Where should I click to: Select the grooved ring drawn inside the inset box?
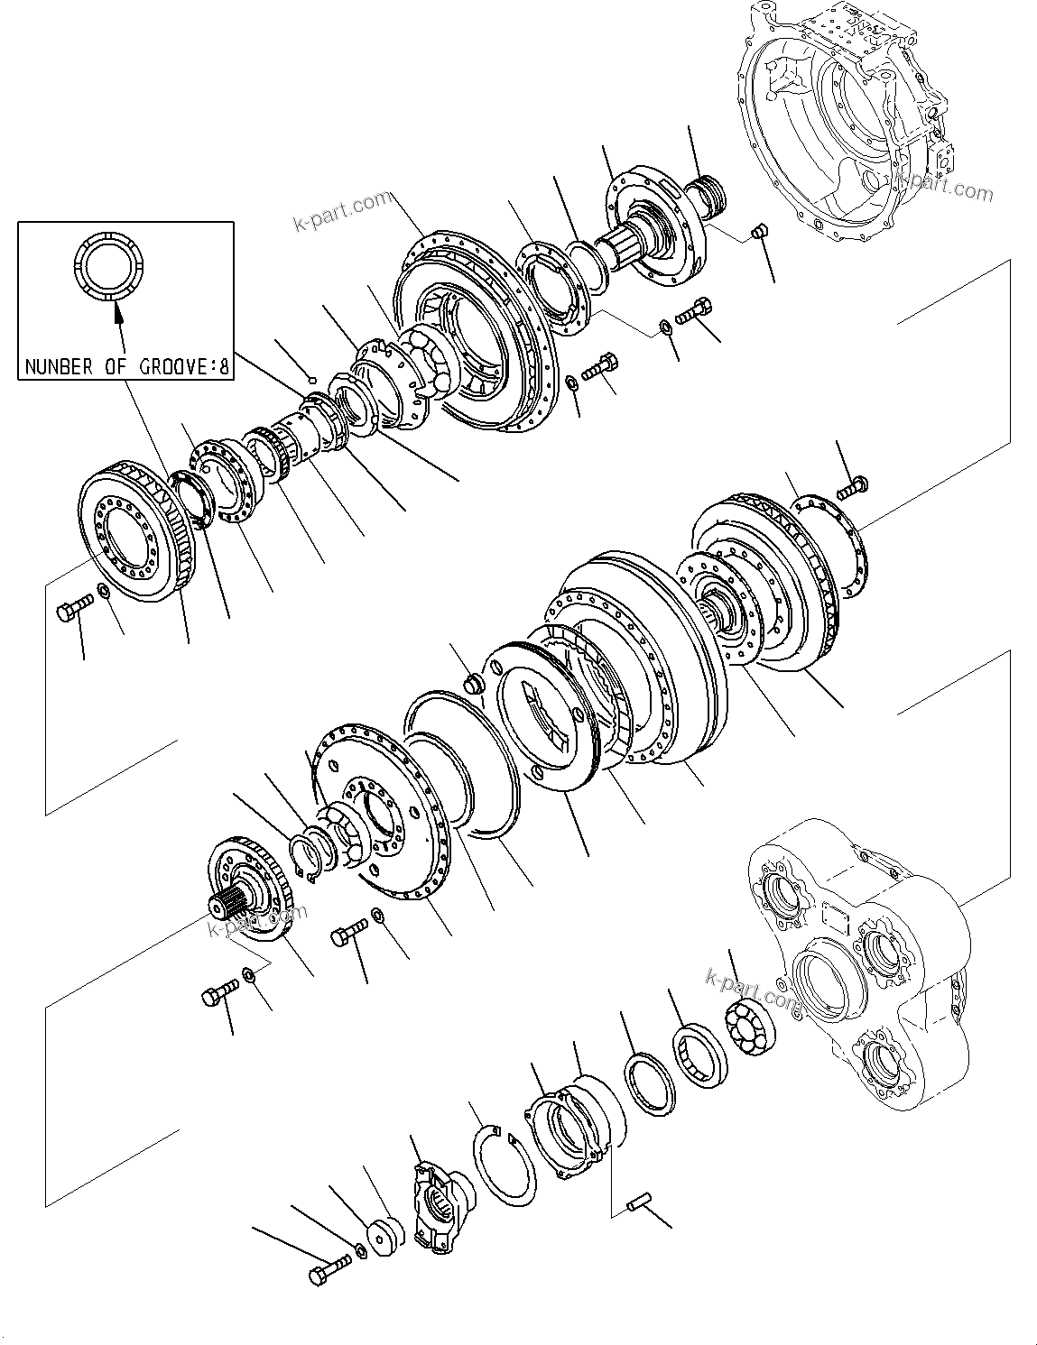click(107, 266)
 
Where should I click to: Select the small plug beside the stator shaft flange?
click(759, 230)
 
